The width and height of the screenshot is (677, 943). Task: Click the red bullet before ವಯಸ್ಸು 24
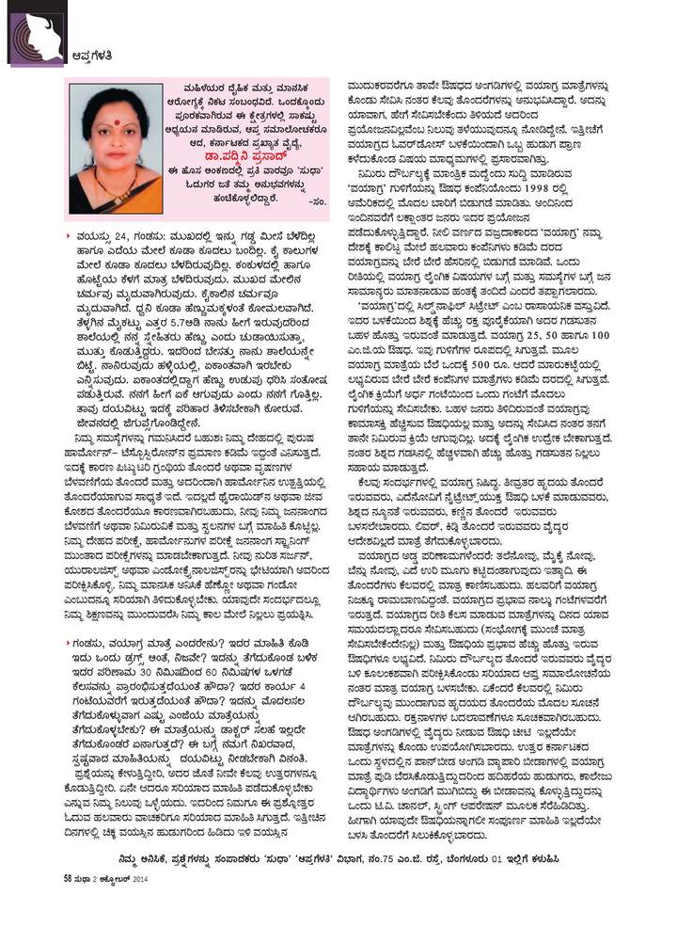pyautogui.click(x=71, y=232)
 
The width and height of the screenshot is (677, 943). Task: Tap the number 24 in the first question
pyautogui.click(x=123, y=232)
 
